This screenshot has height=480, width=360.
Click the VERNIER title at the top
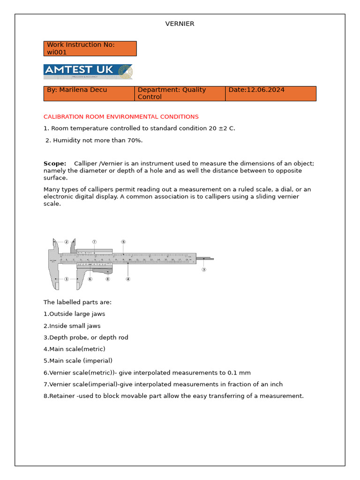pyautogui.click(x=180, y=24)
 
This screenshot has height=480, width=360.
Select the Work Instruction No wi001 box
pyautogui.click(x=90, y=48)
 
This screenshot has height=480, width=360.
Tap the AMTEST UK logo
pyautogui.click(x=88, y=72)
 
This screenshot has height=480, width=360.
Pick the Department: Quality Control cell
pyautogui.click(x=180, y=93)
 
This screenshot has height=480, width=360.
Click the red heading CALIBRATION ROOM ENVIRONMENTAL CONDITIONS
pyautogui.click(x=121, y=117)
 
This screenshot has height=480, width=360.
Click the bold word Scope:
pyautogui.click(x=55, y=164)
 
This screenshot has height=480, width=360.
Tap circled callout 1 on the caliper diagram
pyautogui.click(x=67, y=279)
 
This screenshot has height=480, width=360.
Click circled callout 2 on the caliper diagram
pyautogui.click(x=67, y=242)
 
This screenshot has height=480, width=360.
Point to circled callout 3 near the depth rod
pyautogui.click(x=204, y=270)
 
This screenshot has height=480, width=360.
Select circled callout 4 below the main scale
pyautogui.click(x=128, y=279)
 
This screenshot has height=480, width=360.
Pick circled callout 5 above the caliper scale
pyautogui.click(x=123, y=242)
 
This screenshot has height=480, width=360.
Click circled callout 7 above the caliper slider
pyautogui.click(x=94, y=242)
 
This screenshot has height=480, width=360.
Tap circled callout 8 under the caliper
pyautogui.click(x=107, y=279)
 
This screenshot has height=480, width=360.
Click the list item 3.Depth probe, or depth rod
pyautogui.click(x=86, y=337)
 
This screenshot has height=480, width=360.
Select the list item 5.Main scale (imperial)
pyautogui.click(x=78, y=361)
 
